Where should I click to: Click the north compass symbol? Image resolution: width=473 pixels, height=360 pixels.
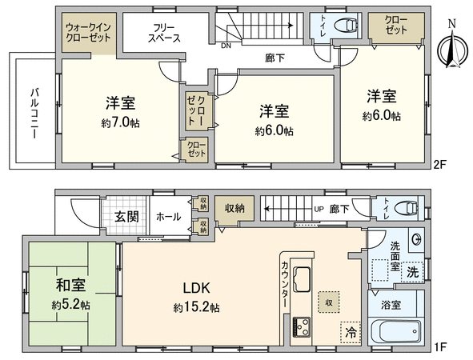(453, 47)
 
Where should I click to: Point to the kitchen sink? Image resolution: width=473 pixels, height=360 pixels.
(302, 279)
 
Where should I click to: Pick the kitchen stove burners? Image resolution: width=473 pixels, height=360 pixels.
(301, 327)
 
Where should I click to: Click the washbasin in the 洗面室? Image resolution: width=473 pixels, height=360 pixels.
(417, 240)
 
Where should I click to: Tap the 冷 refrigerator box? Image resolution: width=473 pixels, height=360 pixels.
(351, 332)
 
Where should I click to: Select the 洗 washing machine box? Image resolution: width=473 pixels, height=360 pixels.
(412, 271)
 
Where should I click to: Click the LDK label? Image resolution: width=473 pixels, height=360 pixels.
(197, 288)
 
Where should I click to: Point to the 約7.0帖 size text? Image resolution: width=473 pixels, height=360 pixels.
(120, 122)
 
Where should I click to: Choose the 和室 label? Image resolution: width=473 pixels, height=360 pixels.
(70, 285)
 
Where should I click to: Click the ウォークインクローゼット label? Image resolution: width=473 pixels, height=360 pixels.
(88, 33)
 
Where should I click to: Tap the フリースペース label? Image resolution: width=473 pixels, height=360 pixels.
(164, 33)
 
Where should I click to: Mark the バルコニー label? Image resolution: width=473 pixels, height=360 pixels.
(34, 113)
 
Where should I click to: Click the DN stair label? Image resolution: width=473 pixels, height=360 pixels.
(226, 46)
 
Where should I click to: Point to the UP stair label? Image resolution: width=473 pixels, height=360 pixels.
(319, 209)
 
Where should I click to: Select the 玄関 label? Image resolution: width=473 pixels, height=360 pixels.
(126, 216)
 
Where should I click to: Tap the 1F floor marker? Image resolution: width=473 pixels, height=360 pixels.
(440, 346)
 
